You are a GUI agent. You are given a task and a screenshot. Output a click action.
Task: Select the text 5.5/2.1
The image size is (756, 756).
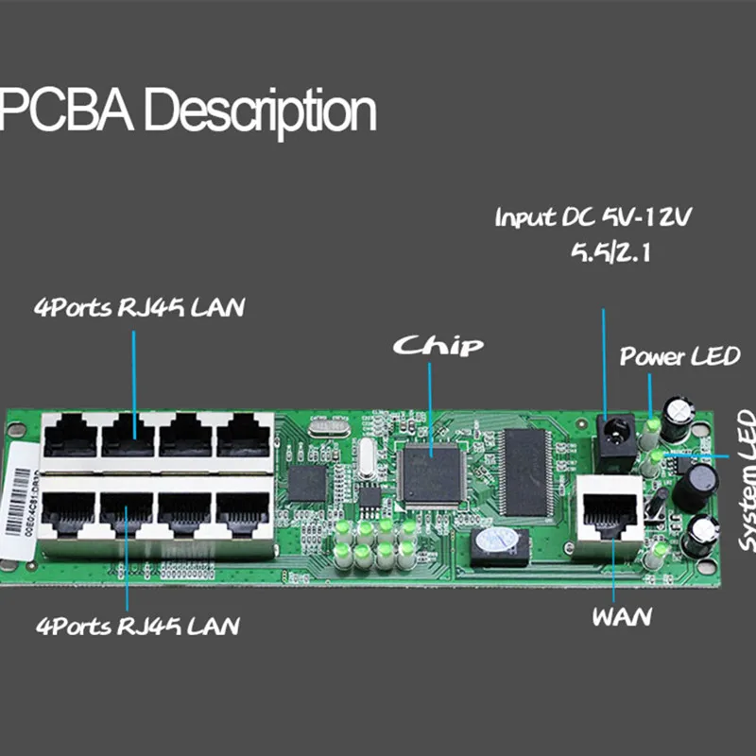594,252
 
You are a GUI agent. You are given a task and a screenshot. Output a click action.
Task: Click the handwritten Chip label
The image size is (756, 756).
438,345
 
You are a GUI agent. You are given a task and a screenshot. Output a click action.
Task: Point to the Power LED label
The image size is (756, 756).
679,357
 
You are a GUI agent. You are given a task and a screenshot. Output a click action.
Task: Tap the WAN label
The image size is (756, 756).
622,618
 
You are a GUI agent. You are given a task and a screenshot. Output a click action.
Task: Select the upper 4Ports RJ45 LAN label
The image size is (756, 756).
138,309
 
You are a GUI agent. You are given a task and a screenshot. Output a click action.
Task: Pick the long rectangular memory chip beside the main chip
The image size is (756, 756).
527,471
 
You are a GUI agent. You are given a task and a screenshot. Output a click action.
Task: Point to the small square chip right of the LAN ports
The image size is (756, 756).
307,482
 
